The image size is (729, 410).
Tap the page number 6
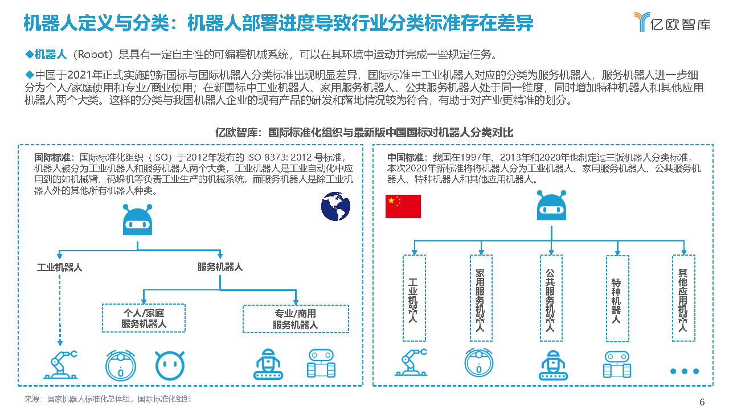[x=702, y=402]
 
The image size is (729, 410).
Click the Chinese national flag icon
[x=403, y=206]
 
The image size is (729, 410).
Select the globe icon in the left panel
[x=335, y=206]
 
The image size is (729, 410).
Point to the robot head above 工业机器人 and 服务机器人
[x=138, y=220]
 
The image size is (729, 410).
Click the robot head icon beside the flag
[x=551, y=206]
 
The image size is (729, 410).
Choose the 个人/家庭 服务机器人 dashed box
[x=144, y=318]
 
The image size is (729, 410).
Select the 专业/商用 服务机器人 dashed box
[x=295, y=319]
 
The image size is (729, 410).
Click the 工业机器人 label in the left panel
[x=60, y=266]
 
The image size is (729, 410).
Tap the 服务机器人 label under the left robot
[x=220, y=266]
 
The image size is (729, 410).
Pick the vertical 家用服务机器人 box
[x=481, y=298]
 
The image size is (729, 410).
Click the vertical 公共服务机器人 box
[x=550, y=298]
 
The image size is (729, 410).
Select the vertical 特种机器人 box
[x=617, y=298]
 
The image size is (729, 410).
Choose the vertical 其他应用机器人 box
[x=683, y=298]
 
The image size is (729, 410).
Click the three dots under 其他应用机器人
[x=684, y=371]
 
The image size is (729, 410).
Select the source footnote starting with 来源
[x=108, y=399]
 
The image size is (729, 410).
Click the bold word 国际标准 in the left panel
[x=52, y=158]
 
